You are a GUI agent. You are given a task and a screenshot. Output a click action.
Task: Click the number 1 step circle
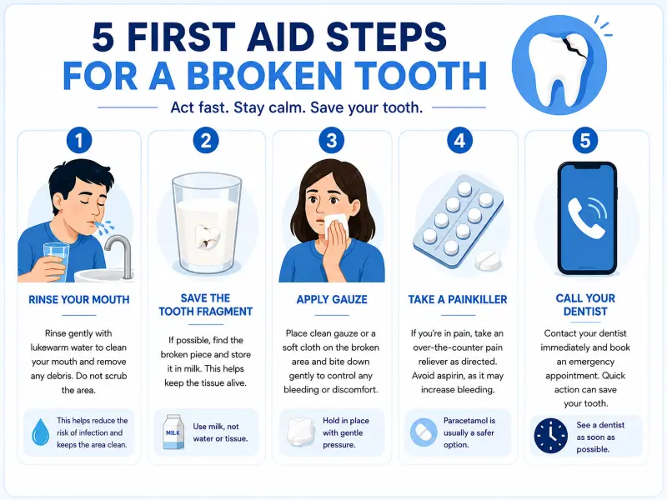click(x=78, y=140)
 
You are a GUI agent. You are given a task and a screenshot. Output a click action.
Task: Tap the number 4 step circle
click(x=459, y=140)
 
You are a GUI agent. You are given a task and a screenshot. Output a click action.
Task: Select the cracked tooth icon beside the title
click(x=559, y=65)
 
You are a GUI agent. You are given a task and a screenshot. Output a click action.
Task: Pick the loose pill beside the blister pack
click(x=488, y=260)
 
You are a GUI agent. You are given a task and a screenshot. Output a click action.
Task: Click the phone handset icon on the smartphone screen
click(x=587, y=217)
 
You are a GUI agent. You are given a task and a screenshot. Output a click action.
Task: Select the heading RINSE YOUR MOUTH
click(x=78, y=300)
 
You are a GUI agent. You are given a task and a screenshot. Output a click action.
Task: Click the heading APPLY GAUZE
click(x=332, y=299)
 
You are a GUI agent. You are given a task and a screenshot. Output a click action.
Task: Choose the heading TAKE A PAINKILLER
click(x=458, y=300)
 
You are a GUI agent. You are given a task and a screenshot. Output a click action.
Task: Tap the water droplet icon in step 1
click(x=40, y=432)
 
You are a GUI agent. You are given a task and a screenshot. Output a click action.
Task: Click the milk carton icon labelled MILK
click(x=173, y=432)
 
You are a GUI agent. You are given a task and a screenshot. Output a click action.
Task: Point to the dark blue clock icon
click(x=551, y=436)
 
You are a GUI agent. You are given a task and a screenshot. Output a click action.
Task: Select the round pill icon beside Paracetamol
click(x=424, y=432)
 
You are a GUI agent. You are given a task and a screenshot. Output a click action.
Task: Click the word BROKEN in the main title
click(x=264, y=77)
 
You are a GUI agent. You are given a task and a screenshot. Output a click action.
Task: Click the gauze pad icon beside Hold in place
click(x=301, y=432)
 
